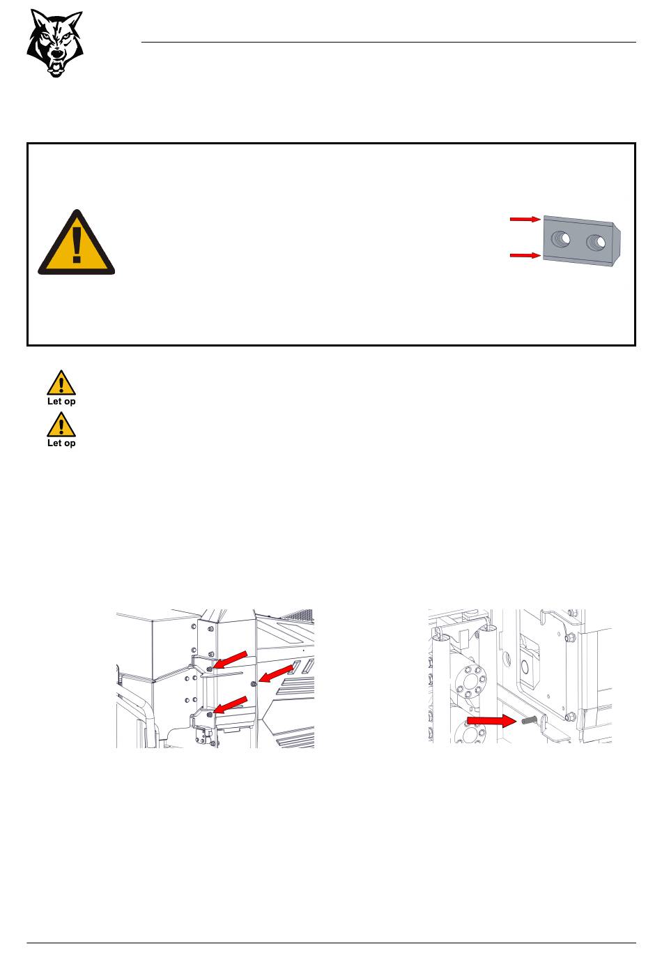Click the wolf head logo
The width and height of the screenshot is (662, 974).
(x=55, y=43)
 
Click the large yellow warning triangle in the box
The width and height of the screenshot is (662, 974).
(x=77, y=244)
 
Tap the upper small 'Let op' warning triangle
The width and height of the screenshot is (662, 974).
(x=61, y=383)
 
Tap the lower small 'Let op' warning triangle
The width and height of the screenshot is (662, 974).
(x=61, y=425)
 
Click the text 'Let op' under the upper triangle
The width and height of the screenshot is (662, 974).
(x=61, y=402)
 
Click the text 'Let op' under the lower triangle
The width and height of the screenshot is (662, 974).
(x=61, y=443)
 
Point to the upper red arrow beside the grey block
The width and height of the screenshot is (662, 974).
(x=525, y=219)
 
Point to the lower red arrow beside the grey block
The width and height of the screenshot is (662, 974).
(x=525, y=255)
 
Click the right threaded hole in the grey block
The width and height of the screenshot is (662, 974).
(x=596, y=242)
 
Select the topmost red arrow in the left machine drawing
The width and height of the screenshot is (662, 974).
(x=231, y=660)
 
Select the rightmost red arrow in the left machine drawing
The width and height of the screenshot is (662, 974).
(x=276, y=674)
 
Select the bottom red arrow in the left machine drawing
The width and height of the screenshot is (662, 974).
(x=231, y=706)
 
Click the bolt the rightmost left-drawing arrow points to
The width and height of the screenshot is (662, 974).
(x=254, y=684)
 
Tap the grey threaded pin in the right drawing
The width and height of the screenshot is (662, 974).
(x=527, y=720)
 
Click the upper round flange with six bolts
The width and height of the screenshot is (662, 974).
(x=471, y=681)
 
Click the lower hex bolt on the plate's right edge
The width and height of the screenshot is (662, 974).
(x=570, y=716)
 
